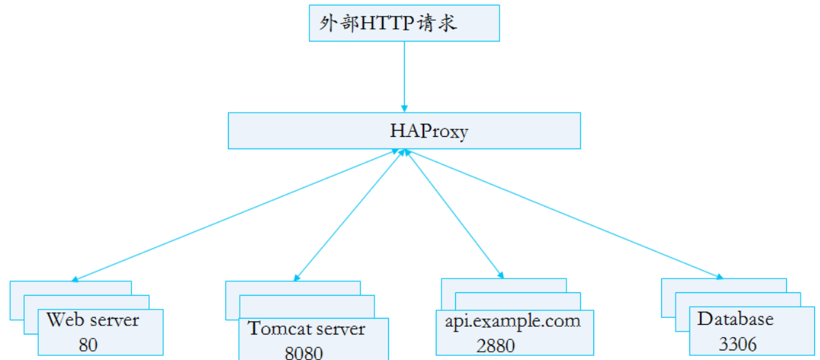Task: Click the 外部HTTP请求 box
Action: point(403,22)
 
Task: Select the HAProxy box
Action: point(404,130)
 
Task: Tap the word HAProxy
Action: point(428,131)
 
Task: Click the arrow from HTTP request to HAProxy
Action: point(403,76)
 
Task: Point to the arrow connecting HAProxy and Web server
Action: point(235,216)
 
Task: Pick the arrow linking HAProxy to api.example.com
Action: point(452,216)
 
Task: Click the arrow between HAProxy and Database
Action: point(563,216)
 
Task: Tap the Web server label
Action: point(93,321)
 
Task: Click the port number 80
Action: point(88,344)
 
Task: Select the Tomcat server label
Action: point(306,329)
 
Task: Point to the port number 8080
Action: point(303,352)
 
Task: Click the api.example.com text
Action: point(512,321)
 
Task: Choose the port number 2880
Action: point(495,345)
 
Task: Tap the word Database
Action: point(735,319)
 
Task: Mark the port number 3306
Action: point(737,343)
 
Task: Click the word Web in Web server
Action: point(60,321)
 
